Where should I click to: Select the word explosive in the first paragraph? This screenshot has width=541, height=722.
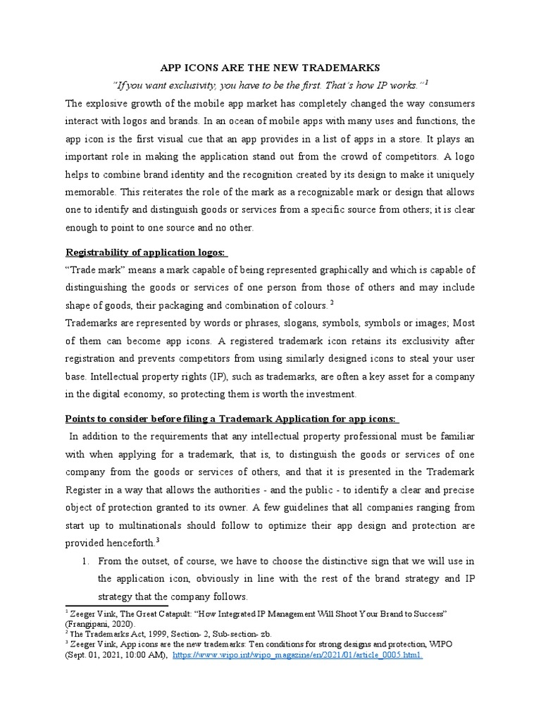click(x=113, y=103)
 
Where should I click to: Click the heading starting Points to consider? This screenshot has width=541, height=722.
click(x=231, y=420)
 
